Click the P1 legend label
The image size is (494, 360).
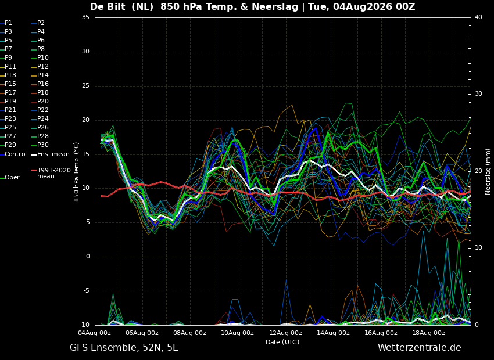[x=8, y=23]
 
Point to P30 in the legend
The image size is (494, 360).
[x=43, y=145]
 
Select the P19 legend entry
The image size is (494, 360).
[x=10, y=102]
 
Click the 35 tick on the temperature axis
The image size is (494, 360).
[x=85, y=17]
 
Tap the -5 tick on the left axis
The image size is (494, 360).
[x=86, y=291]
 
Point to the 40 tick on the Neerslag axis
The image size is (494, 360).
[x=478, y=17]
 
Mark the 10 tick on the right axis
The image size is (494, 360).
[x=478, y=248]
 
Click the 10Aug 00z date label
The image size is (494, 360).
[x=237, y=333]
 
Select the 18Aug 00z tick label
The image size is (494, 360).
[x=429, y=333]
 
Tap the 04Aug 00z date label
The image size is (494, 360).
[x=95, y=333]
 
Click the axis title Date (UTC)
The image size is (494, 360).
[x=282, y=342]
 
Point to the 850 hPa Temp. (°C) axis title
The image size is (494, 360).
[x=77, y=172]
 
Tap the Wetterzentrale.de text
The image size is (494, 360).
[x=420, y=348]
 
